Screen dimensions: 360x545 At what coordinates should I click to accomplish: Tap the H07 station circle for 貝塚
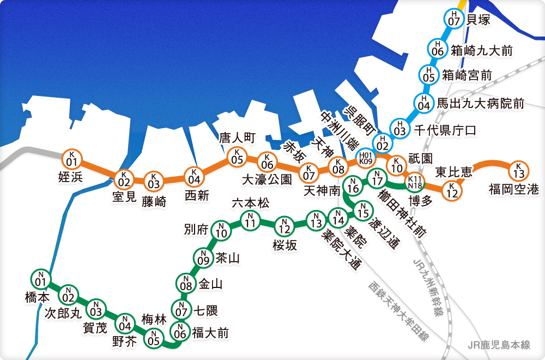click(x=453, y=19)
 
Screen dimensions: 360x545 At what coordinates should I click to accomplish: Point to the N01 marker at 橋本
click(x=39, y=279)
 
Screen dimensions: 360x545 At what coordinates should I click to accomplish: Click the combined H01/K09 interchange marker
click(x=366, y=158)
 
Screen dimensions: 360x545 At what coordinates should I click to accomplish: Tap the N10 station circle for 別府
click(x=221, y=231)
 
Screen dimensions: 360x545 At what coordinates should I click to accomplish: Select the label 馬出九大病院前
click(x=481, y=103)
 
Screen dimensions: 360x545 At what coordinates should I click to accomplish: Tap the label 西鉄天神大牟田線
click(x=398, y=311)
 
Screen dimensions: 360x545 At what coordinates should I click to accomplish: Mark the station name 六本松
click(x=250, y=203)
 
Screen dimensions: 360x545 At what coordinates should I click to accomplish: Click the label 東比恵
click(x=453, y=172)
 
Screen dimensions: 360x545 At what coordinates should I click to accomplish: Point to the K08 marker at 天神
click(x=338, y=165)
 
